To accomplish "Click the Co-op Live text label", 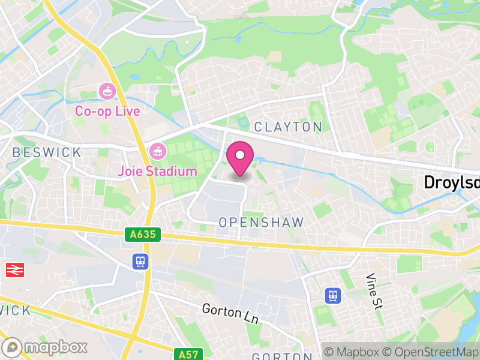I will (107, 112).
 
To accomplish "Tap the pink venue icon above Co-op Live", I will (107, 92).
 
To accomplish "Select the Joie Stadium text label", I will (158, 172).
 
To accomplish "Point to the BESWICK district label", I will (46, 152).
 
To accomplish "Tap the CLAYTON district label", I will (288, 127).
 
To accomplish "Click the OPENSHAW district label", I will (261, 222).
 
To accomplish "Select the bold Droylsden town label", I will (452, 182).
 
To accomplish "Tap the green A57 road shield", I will (187, 354).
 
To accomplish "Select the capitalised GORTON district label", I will (281, 356).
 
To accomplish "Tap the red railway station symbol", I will (14, 270).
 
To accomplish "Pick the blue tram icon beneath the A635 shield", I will (140, 261).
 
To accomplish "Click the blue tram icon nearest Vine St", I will (332, 295).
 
